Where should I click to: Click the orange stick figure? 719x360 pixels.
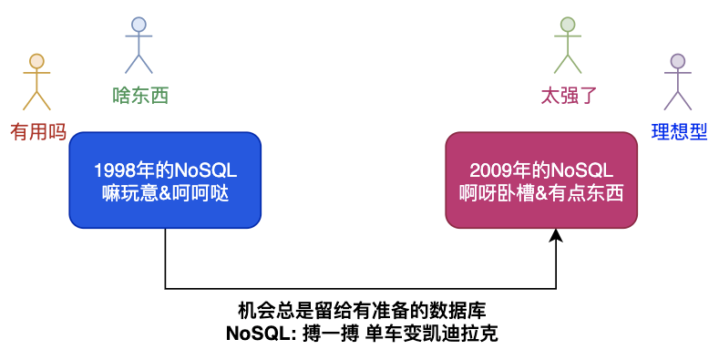[36, 74]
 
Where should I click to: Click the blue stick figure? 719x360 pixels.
[139, 36]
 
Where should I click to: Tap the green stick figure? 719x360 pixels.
[568, 36]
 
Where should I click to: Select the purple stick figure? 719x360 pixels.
[678, 74]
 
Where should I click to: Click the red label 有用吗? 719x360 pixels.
[38, 132]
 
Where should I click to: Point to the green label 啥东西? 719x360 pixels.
[140, 96]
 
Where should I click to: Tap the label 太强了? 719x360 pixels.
[569, 96]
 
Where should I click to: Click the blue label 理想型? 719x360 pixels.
[679, 132]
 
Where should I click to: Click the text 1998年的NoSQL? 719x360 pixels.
[165, 170]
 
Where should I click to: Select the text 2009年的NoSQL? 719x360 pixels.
[541, 170]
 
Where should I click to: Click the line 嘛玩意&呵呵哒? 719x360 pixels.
[165, 193]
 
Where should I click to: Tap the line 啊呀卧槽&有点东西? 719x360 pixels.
[541, 193]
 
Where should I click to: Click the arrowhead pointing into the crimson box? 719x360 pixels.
[556, 234]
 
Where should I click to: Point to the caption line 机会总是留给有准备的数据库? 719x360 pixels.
[363, 311]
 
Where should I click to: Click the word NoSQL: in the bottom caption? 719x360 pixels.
[262, 334]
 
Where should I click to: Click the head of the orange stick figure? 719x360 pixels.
[36, 61]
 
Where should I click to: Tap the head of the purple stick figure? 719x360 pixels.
[678, 61]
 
